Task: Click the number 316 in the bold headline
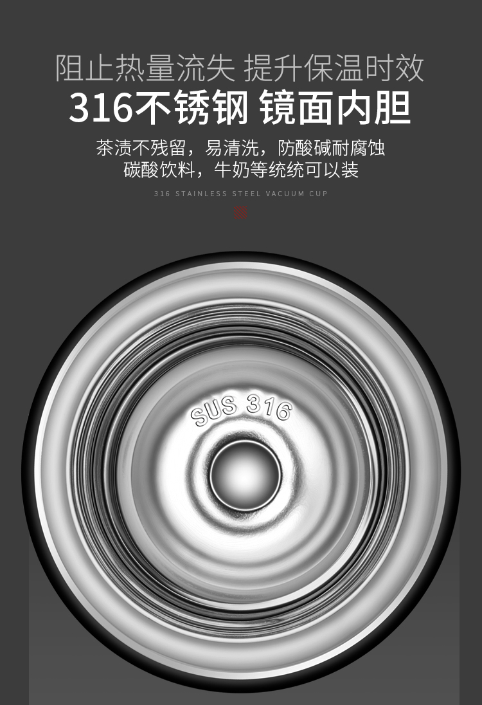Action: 101,108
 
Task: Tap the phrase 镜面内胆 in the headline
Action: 335,108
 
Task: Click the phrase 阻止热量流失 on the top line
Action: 145,68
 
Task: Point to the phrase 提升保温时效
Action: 334,68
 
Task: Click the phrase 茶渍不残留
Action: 141,148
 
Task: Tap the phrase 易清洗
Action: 232,148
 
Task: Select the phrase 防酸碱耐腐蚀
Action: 331,148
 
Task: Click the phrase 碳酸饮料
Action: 159,170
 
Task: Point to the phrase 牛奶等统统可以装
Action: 286,170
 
